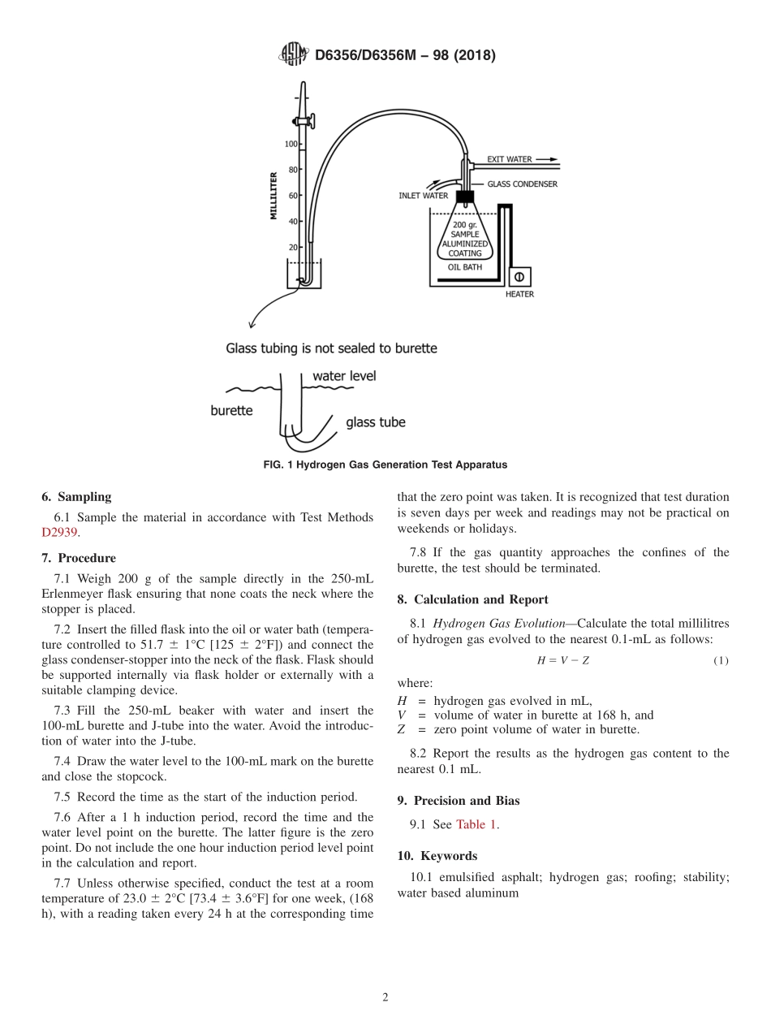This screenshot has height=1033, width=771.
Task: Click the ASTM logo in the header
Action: [294, 54]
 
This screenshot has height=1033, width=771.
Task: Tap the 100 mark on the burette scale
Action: [291, 144]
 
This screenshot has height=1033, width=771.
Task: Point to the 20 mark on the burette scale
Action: [292, 247]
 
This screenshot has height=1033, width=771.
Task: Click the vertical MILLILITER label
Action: [274, 195]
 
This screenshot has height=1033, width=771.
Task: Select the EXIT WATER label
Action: [509, 159]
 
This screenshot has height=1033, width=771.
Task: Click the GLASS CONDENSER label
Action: [522, 184]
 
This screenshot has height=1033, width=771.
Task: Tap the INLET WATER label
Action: [423, 196]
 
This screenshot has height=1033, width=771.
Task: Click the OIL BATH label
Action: [465, 266]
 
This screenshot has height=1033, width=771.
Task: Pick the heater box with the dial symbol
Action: [519, 277]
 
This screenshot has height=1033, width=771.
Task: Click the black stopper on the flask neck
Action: [465, 197]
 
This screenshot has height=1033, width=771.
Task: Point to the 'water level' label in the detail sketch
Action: [344, 376]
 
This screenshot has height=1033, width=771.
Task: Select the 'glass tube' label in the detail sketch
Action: [375, 422]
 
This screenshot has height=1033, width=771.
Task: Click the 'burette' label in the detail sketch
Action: [231, 411]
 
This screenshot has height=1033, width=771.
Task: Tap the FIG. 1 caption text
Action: [385, 465]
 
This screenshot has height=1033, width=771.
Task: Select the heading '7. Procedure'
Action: [79, 558]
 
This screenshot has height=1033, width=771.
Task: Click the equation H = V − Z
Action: [562, 660]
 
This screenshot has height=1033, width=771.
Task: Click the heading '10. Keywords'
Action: [437, 856]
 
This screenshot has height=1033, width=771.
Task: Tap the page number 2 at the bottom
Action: [385, 998]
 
